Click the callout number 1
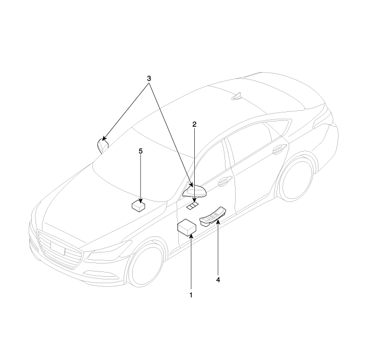(x=191, y=295)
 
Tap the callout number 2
(x=194, y=124)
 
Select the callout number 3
(x=149, y=78)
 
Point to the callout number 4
(x=218, y=280)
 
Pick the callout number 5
(x=141, y=151)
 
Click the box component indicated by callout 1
(x=187, y=228)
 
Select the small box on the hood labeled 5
(x=139, y=206)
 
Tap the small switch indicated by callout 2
(x=193, y=206)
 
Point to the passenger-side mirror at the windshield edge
(x=102, y=145)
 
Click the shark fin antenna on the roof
(x=237, y=96)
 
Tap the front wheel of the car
(x=145, y=266)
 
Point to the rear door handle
(x=280, y=150)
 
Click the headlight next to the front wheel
(x=110, y=252)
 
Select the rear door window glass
(x=253, y=142)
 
